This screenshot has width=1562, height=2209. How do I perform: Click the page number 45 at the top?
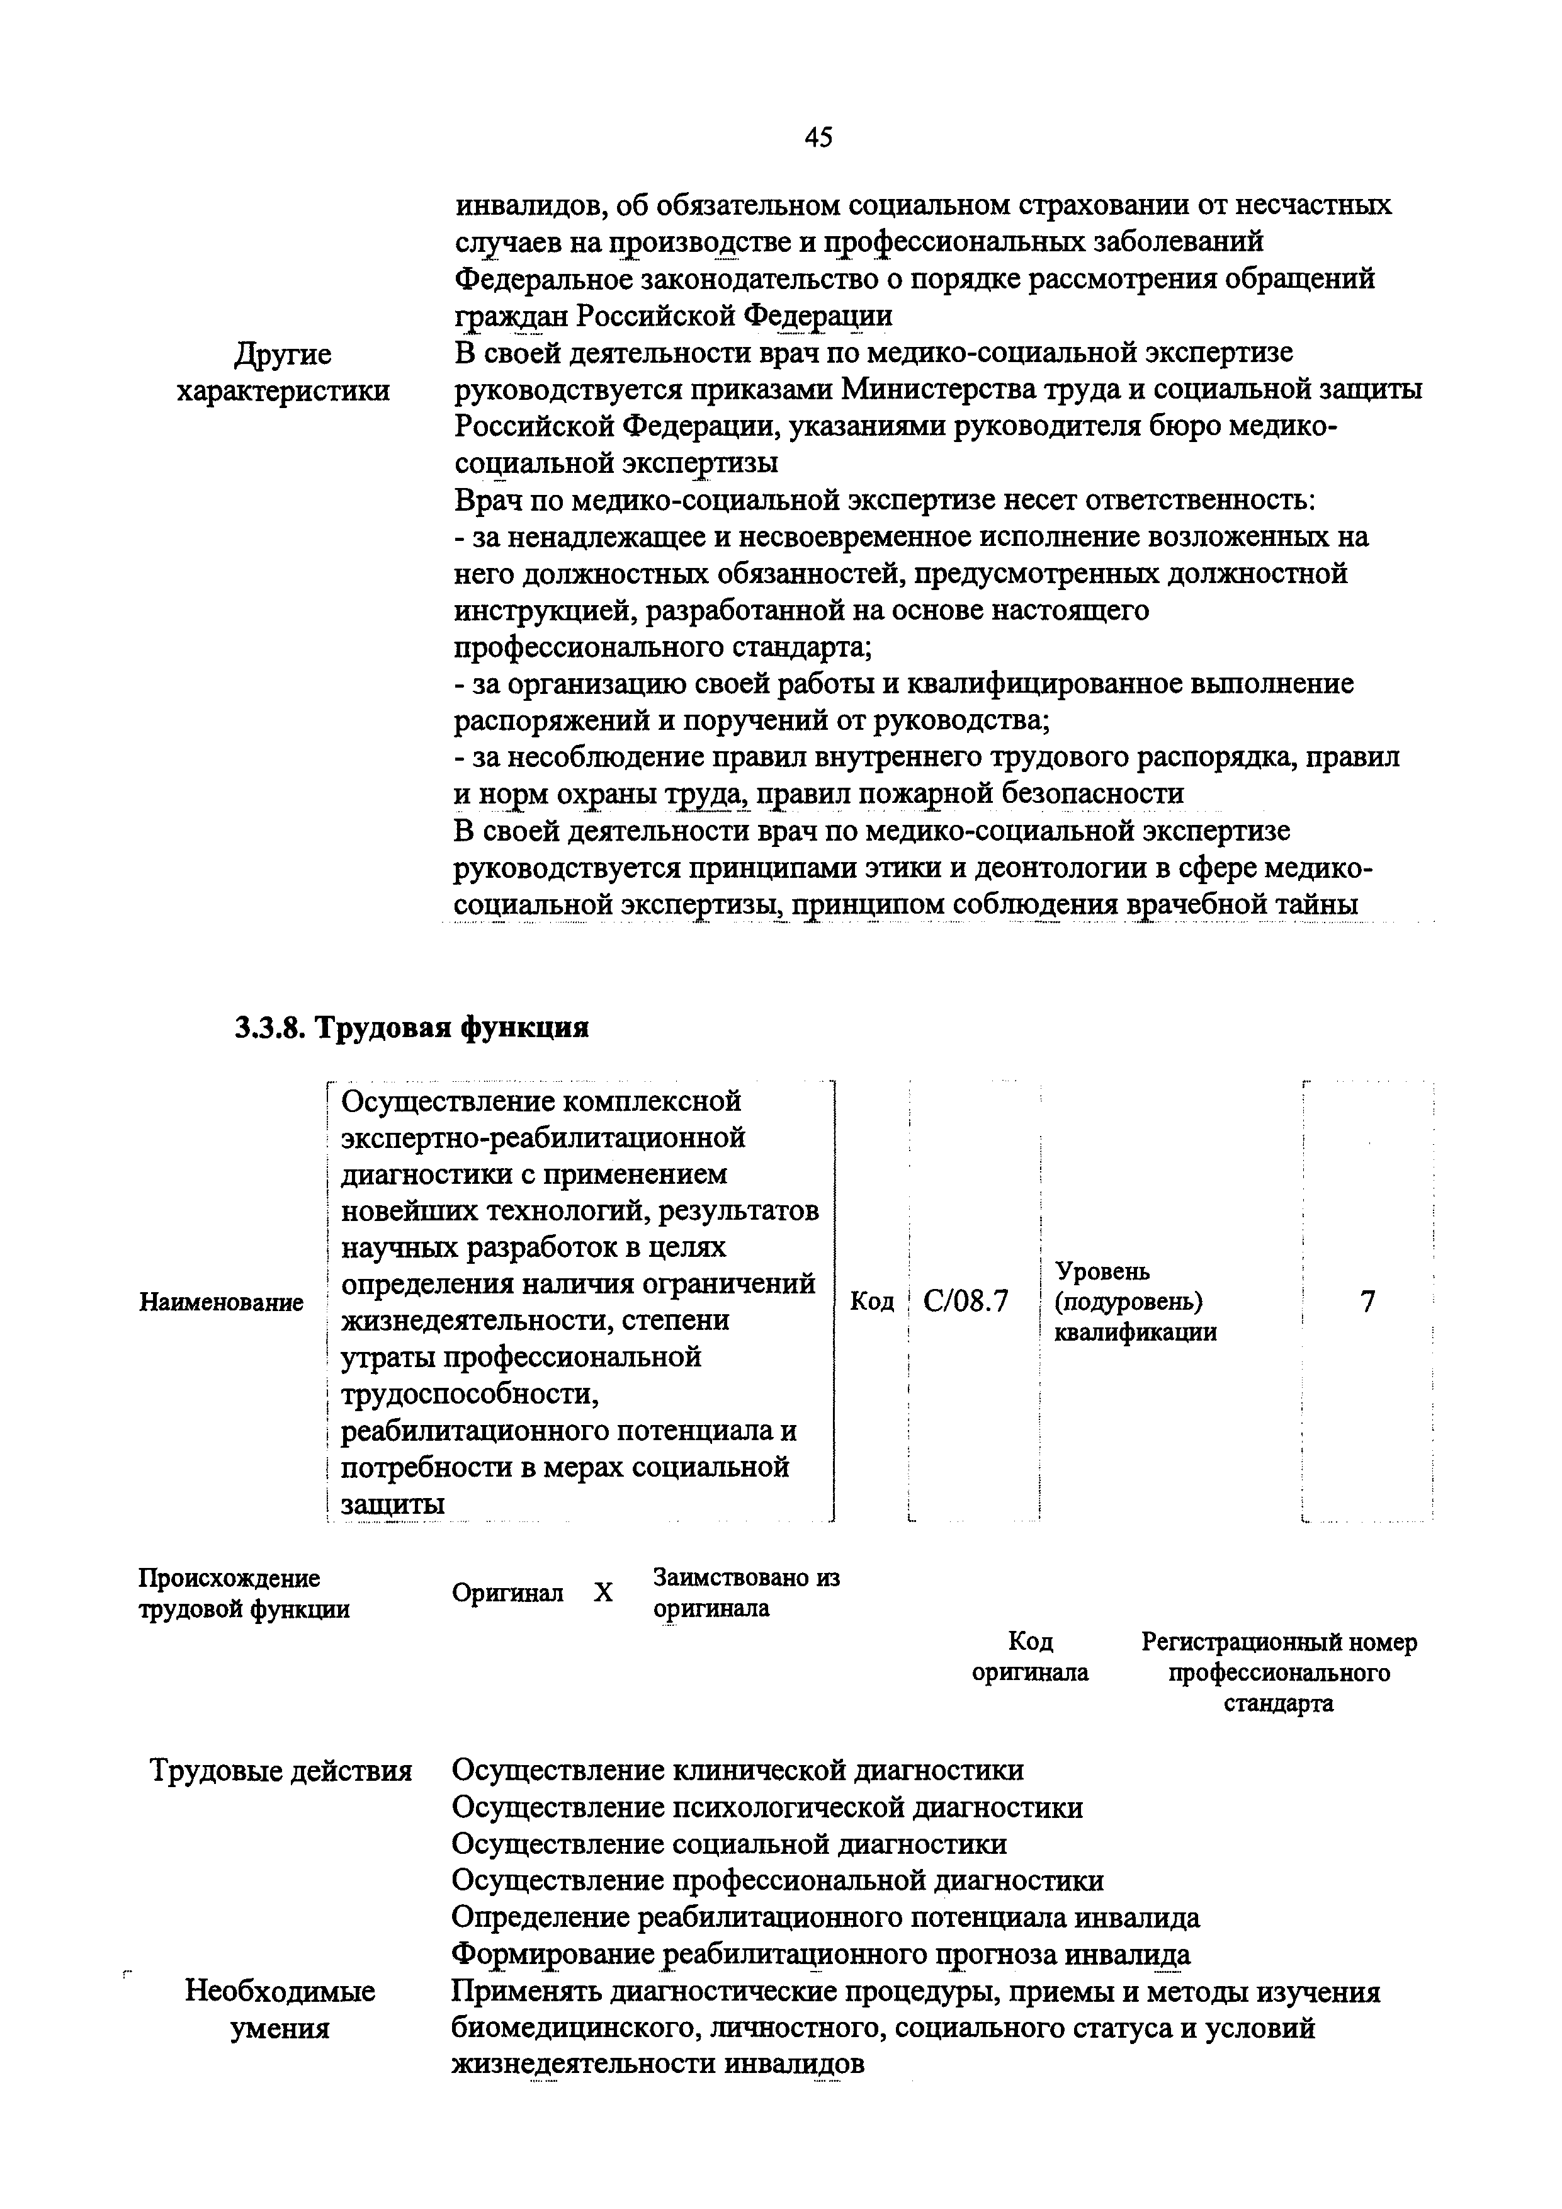point(818,139)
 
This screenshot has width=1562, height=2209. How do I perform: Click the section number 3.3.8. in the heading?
point(269,1028)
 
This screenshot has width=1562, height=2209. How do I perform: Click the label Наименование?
point(221,1303)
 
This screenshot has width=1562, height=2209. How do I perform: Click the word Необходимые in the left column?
point(280,1990)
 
